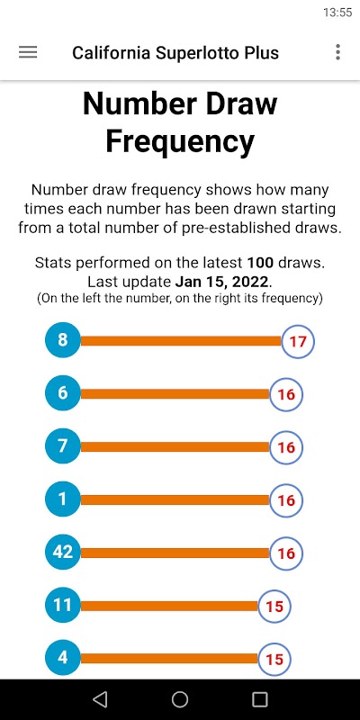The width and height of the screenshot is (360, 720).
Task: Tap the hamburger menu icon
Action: [x=28, y=52]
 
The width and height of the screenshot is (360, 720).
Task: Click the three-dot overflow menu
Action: [x=338, y=52]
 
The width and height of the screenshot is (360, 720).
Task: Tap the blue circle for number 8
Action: [x=62, y=340]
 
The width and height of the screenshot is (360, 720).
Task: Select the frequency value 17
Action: [x=298, y=341]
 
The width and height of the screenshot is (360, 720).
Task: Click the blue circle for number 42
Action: [x=62, y=553]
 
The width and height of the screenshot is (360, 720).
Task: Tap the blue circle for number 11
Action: [x=62, y=605]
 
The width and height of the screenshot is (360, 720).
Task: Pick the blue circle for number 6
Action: [x=62, y=393]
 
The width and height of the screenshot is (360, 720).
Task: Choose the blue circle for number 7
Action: [x=62, y=446]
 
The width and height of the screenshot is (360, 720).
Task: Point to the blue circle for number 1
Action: [x=62, y=499]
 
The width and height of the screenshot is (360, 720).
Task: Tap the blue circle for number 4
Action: [x=62, y=658]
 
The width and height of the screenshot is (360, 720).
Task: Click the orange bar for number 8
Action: [x=181, y=341]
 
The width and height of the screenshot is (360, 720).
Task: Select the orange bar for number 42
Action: [x=175, y=553]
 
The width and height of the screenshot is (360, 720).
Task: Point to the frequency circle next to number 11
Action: [x=274, y=606]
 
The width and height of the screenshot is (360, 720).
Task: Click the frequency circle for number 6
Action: [x=286, y=394]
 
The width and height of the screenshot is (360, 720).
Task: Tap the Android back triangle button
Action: [x=100, y=699]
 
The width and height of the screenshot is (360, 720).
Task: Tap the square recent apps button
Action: [x=260, y=699]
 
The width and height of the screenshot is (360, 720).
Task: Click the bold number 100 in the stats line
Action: [x=260, y=263]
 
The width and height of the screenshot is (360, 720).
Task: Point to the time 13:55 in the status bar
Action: [x=337, y=13]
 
